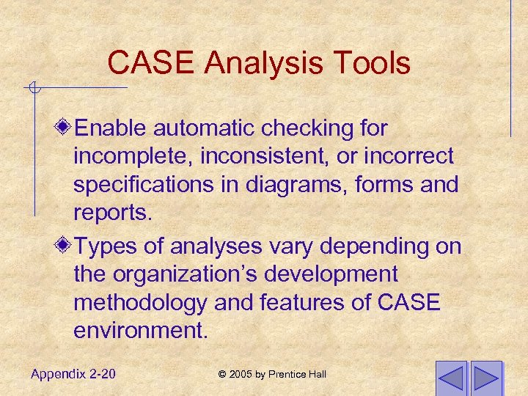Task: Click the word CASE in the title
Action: [152, 63]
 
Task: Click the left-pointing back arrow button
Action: [450, 378]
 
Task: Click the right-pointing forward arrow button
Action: [485, 378]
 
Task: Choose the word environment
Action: [140, 330]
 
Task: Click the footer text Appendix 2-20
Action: [73, 374]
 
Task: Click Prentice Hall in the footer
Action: [300, 375]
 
